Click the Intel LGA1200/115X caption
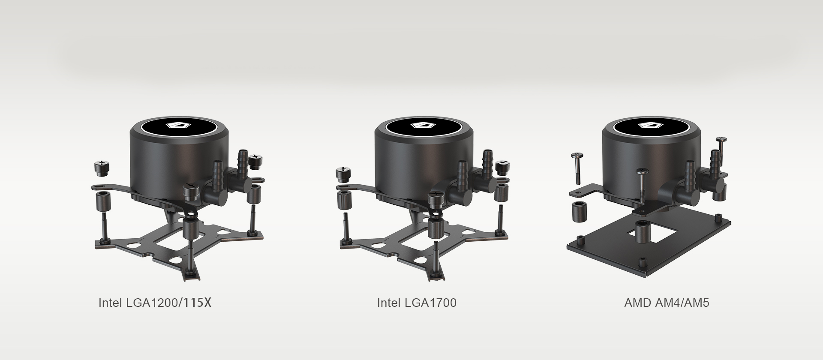[x=155, y=303]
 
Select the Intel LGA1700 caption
[x=417, y=303]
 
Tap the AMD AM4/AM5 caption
[x=667, y=303]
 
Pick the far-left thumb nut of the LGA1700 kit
[x=344, y=174]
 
